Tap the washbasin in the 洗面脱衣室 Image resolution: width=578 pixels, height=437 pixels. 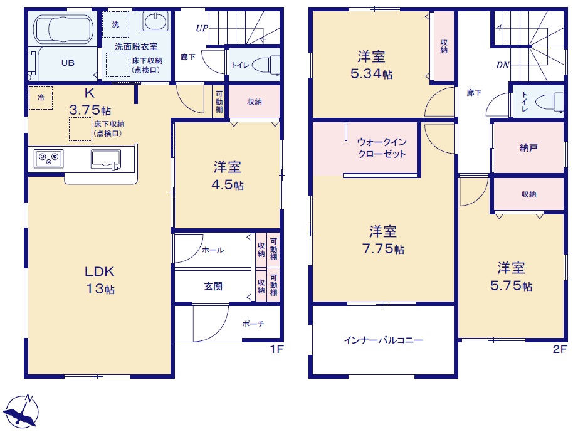[155, 21]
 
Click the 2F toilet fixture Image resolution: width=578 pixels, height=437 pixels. [550, 102]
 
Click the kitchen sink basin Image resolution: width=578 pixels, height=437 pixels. [106, 159]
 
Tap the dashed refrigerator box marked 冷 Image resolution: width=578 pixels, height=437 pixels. [41, 98]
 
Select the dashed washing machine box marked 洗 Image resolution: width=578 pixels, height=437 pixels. [116, 24]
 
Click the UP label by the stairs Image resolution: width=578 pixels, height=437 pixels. [202, 28]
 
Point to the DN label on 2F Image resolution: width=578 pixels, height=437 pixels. [502, 65]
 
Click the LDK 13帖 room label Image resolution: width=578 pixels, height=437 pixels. [100, 280]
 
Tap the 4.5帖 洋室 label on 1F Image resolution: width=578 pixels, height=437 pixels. [228, 176]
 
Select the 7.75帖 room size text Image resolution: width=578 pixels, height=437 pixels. [383, 249]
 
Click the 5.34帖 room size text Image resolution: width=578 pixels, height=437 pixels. [371, 74]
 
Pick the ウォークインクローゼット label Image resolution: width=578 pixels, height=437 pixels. [382, 148]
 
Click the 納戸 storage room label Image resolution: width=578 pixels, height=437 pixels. [528, 148]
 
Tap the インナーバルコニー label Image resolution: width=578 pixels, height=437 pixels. [384, 340]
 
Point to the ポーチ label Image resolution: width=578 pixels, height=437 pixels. [253, 324]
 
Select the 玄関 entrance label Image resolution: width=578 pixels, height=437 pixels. [213, 286]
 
